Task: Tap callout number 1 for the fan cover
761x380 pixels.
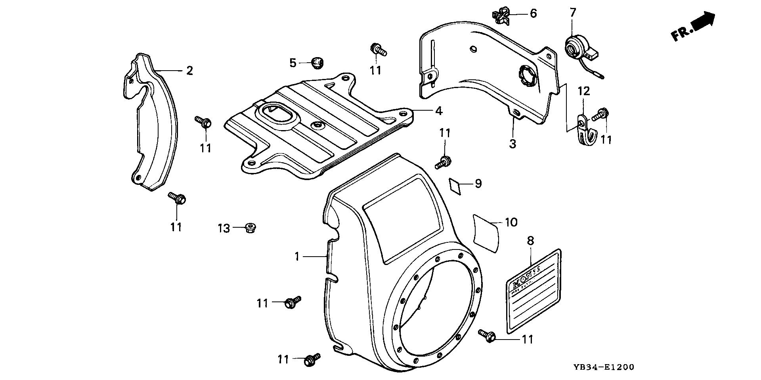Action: (x=297, y=257)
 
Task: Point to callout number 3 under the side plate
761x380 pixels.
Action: (x=513, y=144)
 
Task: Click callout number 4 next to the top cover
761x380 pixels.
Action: (x=438, y=111)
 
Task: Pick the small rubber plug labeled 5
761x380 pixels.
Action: (x=316, y=62)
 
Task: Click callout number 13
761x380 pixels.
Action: (x=224, y=228)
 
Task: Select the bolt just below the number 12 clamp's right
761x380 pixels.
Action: (x=601, y=115)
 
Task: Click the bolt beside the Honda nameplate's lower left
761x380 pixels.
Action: (x=486, y=335)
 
